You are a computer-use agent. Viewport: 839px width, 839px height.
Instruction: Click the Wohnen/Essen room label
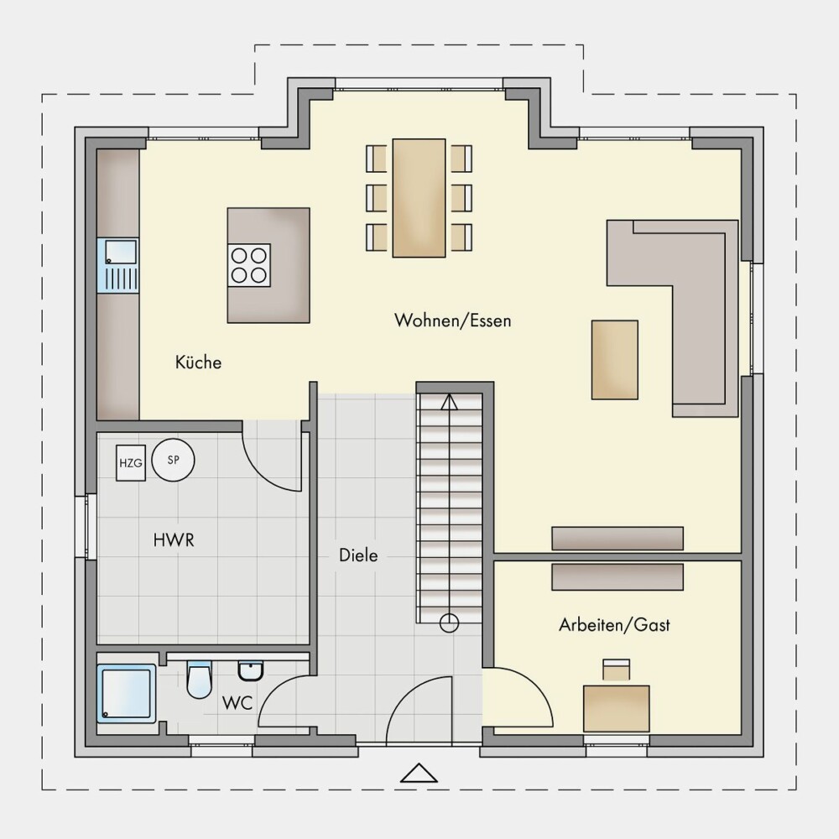point(453,320)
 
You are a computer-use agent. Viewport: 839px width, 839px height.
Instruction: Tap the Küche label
point(198,362)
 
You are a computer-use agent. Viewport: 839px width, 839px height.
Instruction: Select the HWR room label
point(174,539)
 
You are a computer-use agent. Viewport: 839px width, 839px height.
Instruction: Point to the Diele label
point(358,555)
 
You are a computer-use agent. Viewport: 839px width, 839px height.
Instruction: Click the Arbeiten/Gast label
point(614,624)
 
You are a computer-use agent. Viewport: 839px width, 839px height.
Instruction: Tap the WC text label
point(237,702)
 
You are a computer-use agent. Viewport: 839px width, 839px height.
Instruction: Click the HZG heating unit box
point(131,463)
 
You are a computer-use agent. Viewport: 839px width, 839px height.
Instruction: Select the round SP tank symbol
point(173,460)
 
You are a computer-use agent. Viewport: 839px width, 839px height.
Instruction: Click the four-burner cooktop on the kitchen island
point(249,265)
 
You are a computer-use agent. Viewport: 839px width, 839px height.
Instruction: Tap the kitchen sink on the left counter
point(117,265)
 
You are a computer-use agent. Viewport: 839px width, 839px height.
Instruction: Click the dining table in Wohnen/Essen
point(419,198)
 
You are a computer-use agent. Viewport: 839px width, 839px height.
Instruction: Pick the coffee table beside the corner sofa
point(614,360)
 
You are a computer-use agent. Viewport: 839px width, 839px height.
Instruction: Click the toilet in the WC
point(199,680)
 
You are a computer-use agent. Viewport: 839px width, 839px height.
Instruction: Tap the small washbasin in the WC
point(250,671)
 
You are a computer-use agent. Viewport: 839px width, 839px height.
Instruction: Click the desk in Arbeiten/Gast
point(617,708)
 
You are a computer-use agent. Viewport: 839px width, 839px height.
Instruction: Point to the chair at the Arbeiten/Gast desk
point(617,670)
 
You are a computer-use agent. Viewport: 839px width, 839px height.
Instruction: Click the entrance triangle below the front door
point(419,773)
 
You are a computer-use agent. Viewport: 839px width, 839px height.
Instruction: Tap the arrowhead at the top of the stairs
point(450,402)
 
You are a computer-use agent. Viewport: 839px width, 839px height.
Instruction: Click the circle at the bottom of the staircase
point(449,623)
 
